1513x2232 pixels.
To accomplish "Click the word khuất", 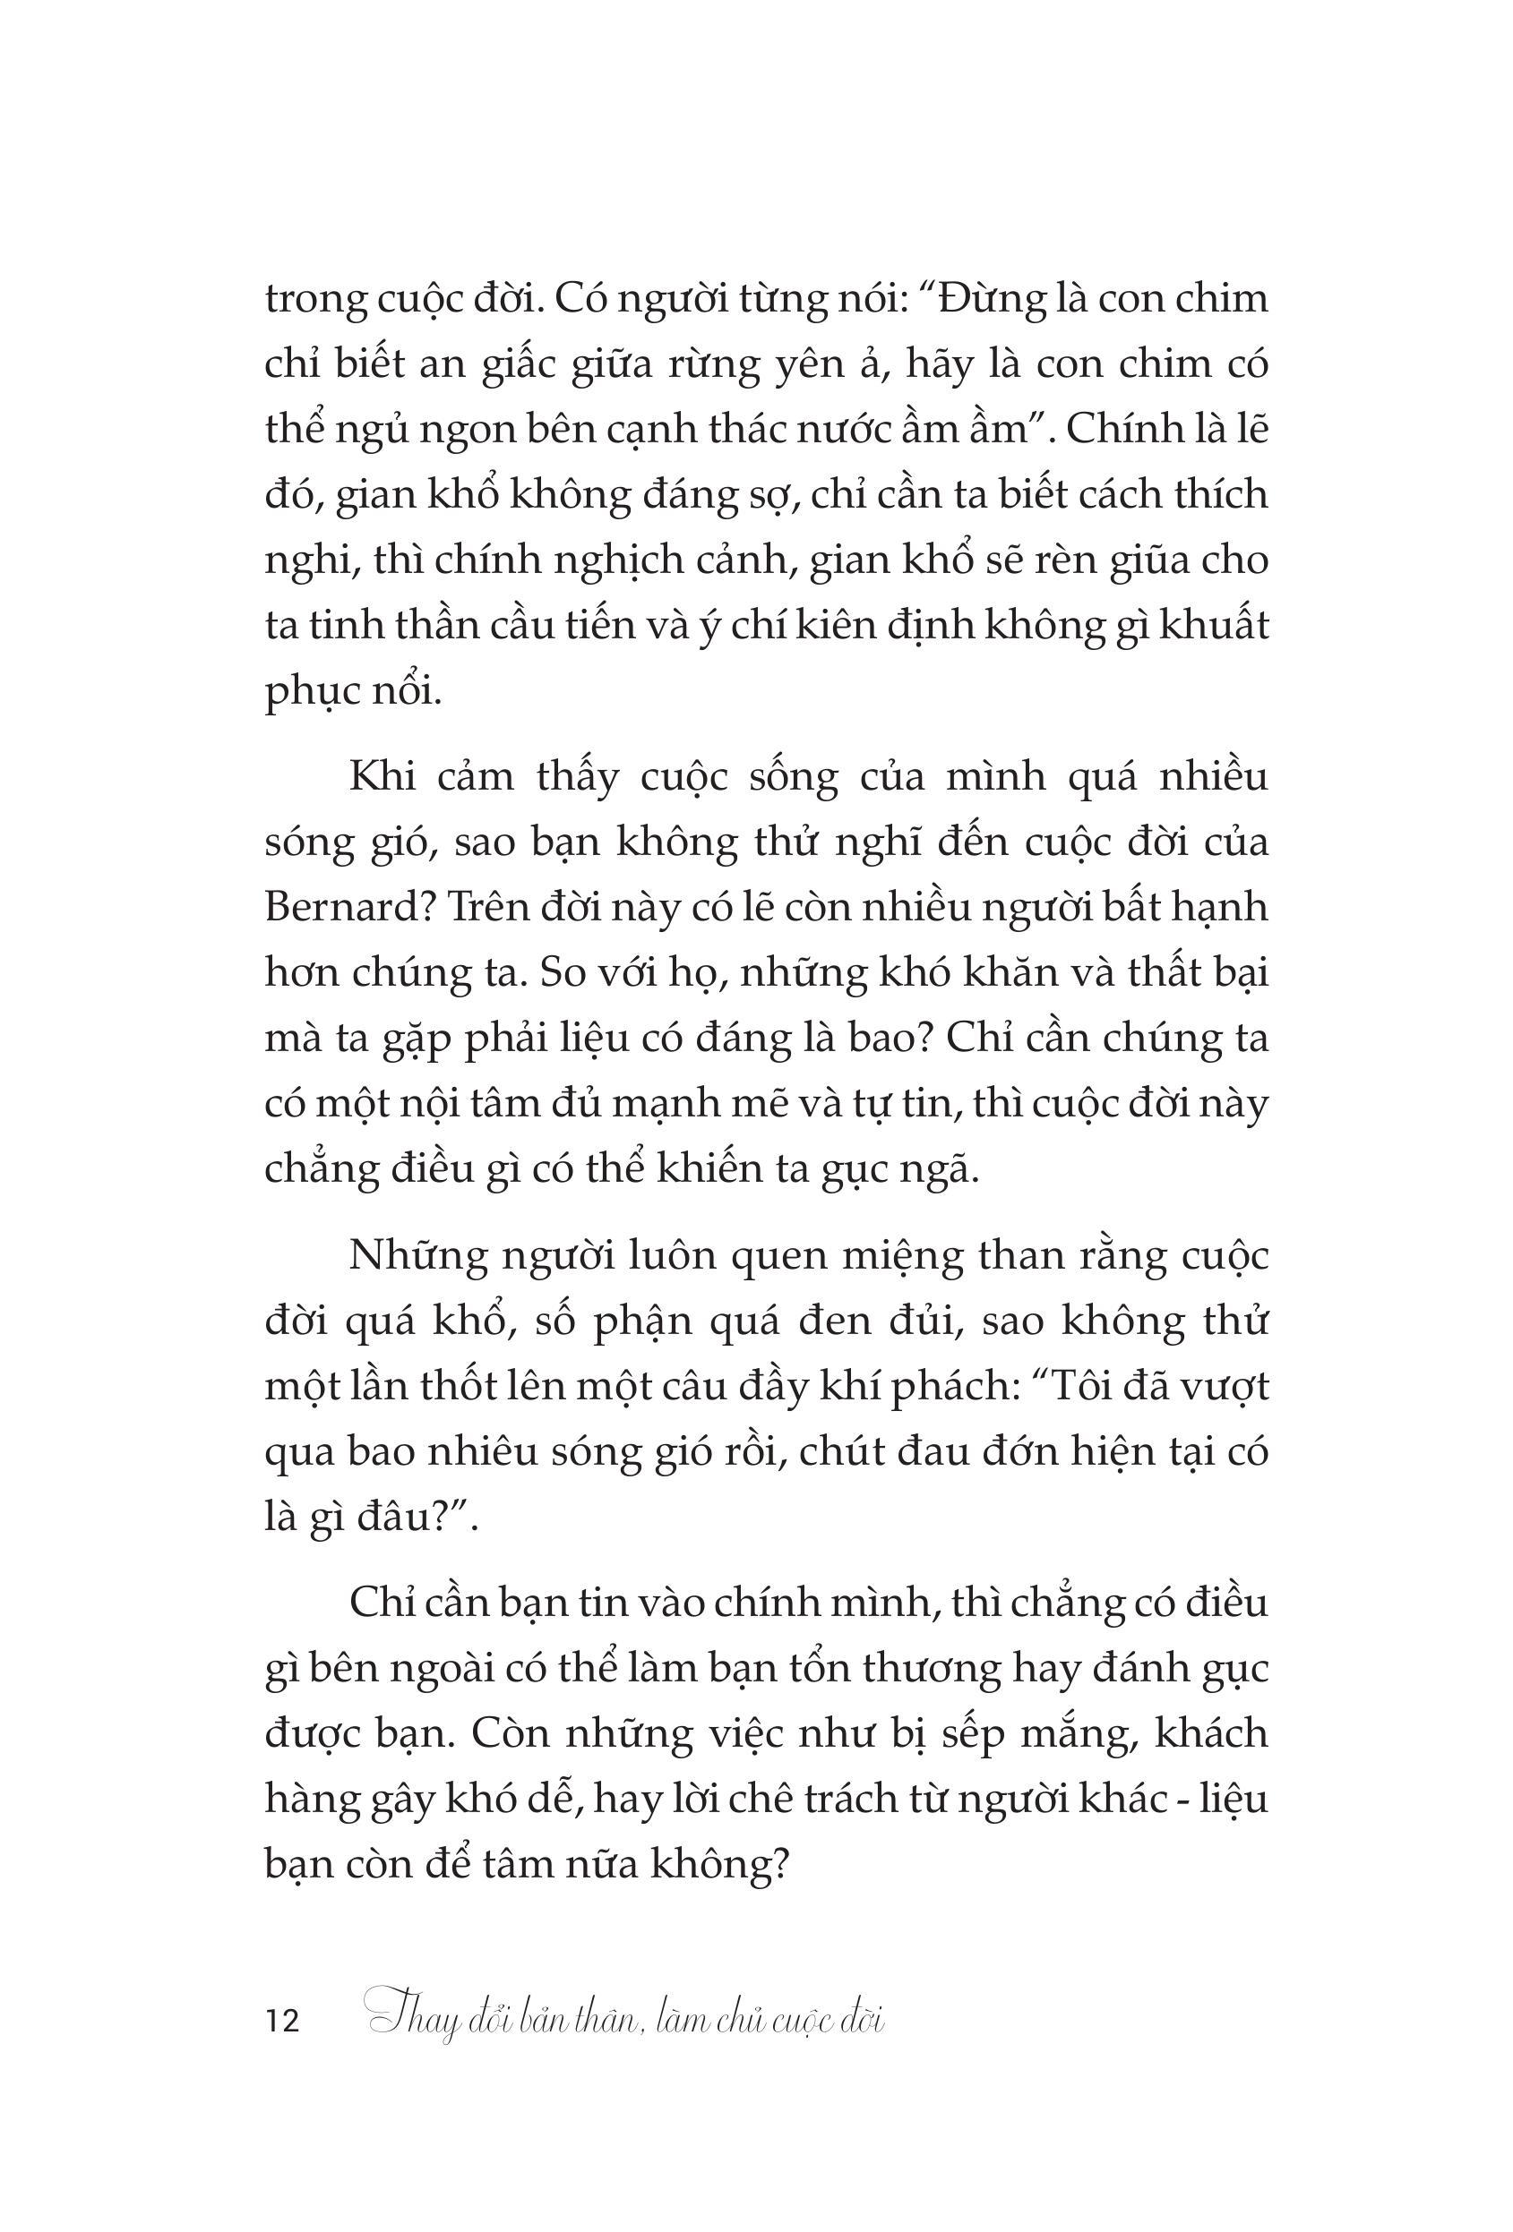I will pyautogui.click(x=1213, y=626).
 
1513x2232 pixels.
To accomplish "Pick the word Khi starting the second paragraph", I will pyautogui.click(x=383, y=776).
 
